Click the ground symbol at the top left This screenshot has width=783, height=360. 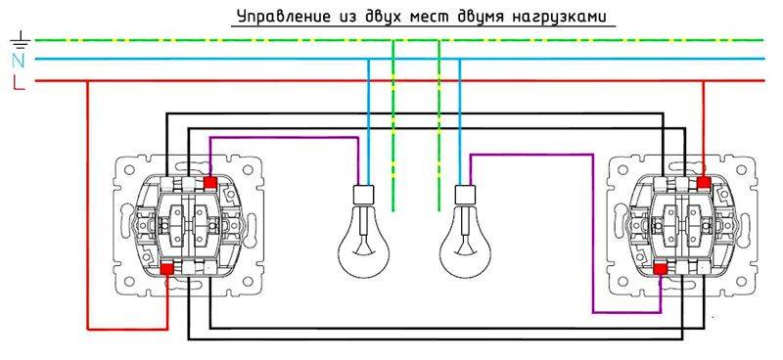point(17,41)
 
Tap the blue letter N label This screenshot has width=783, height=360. point(17,61)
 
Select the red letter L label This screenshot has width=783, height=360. point(17,81)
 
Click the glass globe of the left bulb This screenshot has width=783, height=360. point(360,245)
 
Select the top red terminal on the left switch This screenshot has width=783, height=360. point(209,181)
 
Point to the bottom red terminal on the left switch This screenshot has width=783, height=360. point(167,266)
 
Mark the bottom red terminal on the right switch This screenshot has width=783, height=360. point(661,266)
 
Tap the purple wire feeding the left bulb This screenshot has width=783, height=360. point(284,138)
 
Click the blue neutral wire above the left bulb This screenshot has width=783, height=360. point(369,117)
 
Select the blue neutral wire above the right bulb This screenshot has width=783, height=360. point(459,117)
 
